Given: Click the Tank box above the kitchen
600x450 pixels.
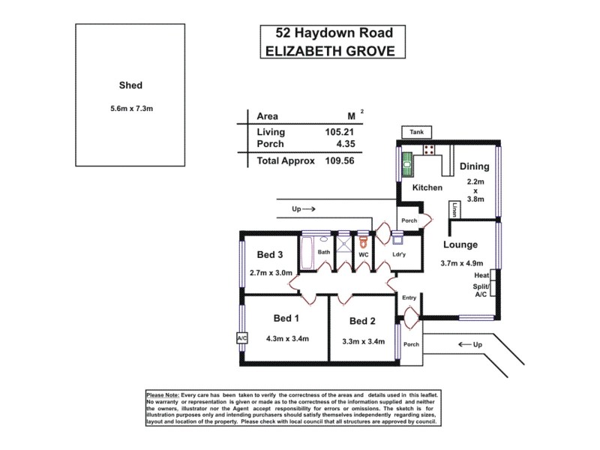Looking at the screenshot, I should click(416, 132).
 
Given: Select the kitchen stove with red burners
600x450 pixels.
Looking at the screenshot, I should click(430, 150).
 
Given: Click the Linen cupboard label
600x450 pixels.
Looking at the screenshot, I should click(454, 210).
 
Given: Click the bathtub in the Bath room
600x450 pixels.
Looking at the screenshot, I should click(307, 252).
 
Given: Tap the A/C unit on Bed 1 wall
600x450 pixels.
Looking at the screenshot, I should click(241, 338).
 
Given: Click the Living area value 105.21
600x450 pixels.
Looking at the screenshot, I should click(337, 132).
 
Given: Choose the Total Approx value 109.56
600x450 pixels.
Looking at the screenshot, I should click(337, 160).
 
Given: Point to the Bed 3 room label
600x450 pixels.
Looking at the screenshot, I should click(269, 253).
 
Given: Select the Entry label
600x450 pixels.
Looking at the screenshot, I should click(409, 298).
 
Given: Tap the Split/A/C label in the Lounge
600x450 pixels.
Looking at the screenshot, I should click(481, 290).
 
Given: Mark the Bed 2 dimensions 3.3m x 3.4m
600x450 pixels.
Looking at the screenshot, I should click(363, 341).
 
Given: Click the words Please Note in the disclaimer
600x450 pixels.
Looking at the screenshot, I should click(163, 394).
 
